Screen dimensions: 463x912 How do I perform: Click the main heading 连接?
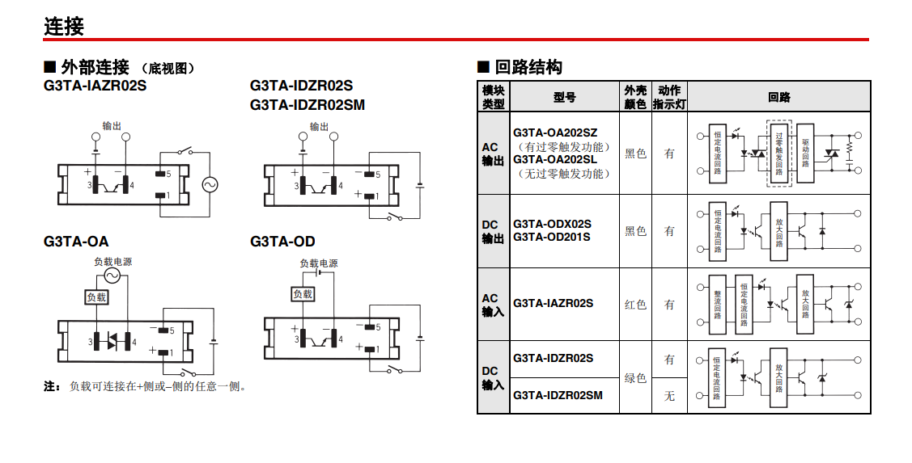tap(64, 27)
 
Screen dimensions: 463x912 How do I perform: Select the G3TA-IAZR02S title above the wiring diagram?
tap(95, 85)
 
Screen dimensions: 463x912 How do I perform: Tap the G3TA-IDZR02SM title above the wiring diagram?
tap(308, 104)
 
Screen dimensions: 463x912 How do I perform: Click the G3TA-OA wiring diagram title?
tap(76, 242)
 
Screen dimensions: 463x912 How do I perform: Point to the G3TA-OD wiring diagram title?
tap(282, 242)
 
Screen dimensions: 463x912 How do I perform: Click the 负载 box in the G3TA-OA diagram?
tap(96, 297)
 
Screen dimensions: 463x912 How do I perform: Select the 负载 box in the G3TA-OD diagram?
tap(302, 294)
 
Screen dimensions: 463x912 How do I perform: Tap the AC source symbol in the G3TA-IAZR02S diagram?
tap(210, 184)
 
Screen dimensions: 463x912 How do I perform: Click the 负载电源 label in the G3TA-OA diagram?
tap(112, 262)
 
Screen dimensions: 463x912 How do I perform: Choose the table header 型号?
tap(565, 97)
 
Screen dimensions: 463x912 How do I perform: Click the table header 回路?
tap(778, 97)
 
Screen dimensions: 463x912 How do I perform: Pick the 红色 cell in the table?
tap(635, 305)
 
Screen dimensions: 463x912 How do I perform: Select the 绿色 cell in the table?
tap(635, 377)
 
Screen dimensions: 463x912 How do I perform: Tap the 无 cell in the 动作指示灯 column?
tap(669, 396)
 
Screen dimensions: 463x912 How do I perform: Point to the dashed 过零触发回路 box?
tap(778, 153)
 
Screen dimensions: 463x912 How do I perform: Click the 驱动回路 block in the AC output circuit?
tap(805, 152)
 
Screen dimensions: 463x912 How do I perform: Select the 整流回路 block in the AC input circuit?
tap(717, 305)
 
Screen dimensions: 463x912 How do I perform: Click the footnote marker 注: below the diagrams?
tap(52, 386)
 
